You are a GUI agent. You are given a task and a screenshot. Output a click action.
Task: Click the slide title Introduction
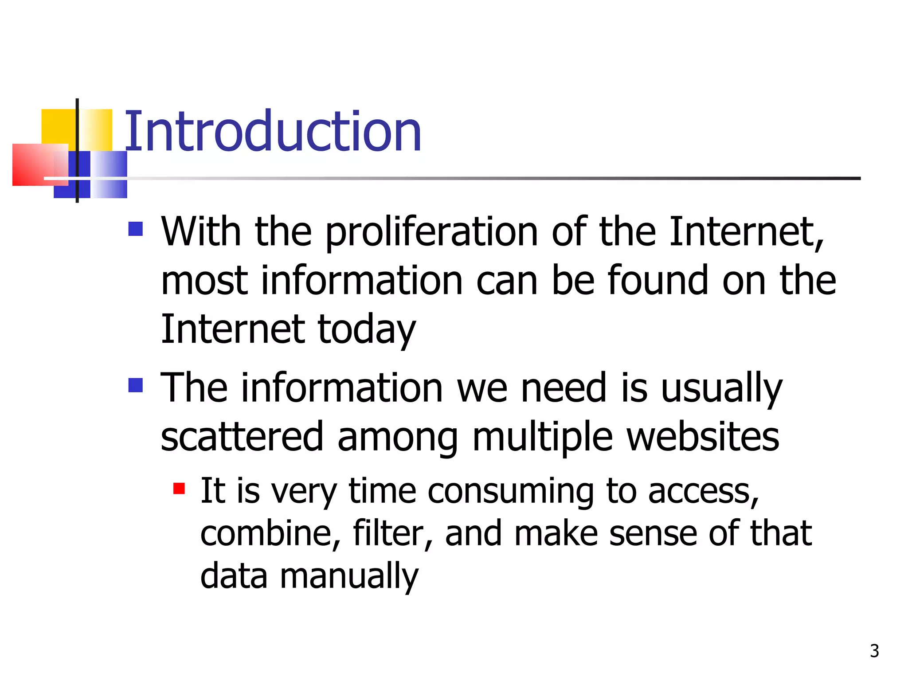click(x=273, y=132)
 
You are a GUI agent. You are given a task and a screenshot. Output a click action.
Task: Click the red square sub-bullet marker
click(x=179, y=489)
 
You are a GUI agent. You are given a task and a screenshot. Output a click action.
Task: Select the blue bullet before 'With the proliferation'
click(x=136, y=229)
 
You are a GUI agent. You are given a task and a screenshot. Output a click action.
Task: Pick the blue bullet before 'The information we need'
click(x=136, y=385)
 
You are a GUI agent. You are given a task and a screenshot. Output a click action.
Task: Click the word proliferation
click(x=432, y=232)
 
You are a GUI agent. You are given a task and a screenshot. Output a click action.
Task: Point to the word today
click(x=367, y=330)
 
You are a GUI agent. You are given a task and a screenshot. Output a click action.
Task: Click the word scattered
click(x=242, y=437)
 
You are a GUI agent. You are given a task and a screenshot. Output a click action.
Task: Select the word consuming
click(x=510, y=492)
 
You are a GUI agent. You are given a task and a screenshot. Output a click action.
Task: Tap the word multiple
click(x=543, y=437)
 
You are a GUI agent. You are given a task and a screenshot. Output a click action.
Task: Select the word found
click(x=658, y=281)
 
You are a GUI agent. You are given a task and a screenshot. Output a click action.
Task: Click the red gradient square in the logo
click(x=35, y=164)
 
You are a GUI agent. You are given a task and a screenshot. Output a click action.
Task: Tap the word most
click(x=204, y=281)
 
